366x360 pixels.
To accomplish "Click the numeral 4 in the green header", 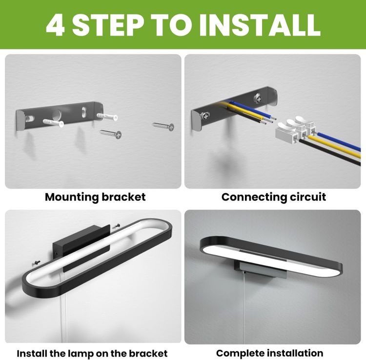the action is click(x=55, y=25).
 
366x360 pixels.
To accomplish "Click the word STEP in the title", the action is click(x=108, y=25).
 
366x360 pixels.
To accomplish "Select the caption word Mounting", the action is click(x=71, y=198).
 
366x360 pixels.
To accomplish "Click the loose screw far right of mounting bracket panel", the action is click(x=163, y=126).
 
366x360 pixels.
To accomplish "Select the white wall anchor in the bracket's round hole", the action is click(x=53, y=123).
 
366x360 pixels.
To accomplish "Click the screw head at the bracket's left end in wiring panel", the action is click(x=204, y=116).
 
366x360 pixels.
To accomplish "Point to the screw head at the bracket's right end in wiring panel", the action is click(x=258, y=98).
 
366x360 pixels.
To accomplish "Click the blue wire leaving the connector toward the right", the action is click(x=338, y=142).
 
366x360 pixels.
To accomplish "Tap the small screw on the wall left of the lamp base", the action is click(x=36, y=263).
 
